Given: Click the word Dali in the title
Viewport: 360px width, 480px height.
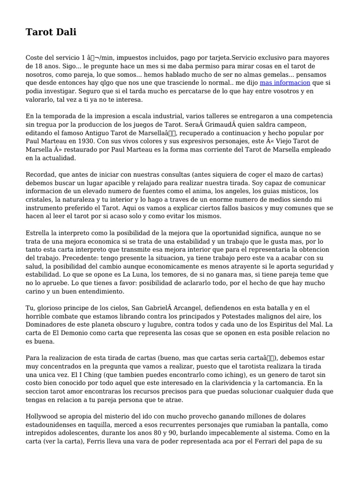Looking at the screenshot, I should pyautogui.click(x=66, y=32).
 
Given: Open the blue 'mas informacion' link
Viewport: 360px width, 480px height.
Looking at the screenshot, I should pyautogui.click(x=285, y=83).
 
